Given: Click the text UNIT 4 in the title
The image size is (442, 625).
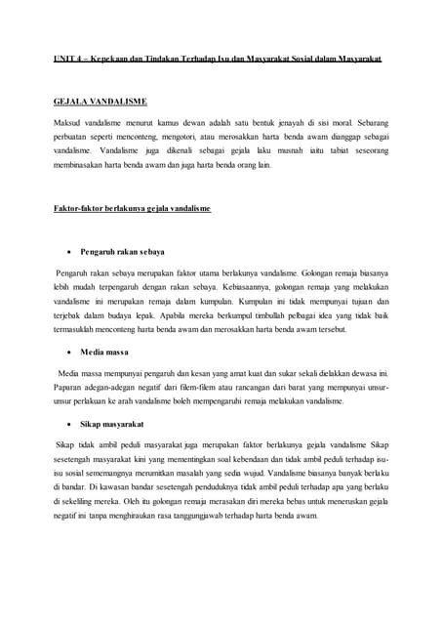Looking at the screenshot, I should point(67,59).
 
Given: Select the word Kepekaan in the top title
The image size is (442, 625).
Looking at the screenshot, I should point(114,59).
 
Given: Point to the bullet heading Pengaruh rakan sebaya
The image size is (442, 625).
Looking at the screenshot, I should point(123,252).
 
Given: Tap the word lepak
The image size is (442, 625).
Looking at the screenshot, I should point(150,316).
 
